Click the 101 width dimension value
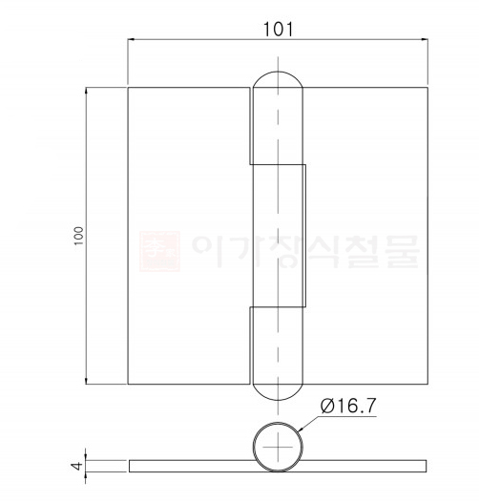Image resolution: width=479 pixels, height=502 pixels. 277,28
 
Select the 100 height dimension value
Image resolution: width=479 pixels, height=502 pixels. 77,235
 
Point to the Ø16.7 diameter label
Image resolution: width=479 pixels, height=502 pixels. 351,407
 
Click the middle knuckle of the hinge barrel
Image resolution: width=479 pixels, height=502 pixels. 279,235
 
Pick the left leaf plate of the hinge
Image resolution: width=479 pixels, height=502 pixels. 189,235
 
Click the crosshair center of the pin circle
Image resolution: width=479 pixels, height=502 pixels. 278,447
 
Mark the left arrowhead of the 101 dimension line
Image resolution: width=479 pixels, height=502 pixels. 133,39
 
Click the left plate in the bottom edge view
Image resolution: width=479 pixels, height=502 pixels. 191,465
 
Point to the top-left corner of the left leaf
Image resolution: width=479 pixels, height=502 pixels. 128,87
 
